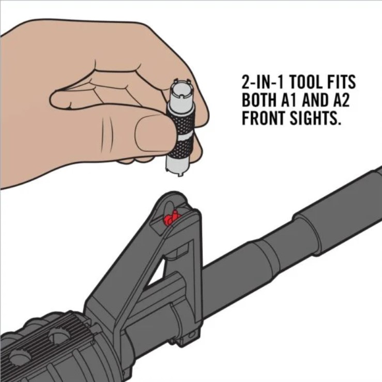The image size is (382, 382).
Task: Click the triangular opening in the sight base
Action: [156, 272]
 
